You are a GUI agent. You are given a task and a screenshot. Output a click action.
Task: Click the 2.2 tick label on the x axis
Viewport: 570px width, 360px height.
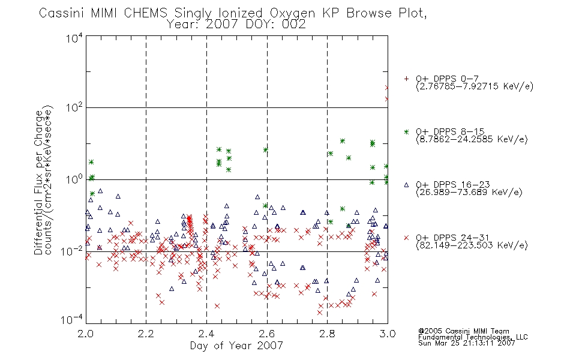point(146,334)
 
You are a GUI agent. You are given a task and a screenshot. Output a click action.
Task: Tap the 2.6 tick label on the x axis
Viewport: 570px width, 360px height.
point(267,334)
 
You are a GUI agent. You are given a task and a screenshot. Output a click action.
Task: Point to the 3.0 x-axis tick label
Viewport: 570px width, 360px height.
point(388,334)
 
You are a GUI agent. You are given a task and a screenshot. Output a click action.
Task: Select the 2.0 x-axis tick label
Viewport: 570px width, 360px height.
point(86,334)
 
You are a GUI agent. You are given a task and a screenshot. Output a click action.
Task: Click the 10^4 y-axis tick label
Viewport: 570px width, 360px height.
point(74,38)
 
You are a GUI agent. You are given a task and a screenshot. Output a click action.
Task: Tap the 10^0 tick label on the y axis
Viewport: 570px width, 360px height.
point(74,179)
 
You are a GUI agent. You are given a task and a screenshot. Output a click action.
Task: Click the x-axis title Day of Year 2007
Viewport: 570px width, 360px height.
point(236,346)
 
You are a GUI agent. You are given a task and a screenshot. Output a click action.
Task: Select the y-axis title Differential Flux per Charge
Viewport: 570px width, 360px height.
point(38,182)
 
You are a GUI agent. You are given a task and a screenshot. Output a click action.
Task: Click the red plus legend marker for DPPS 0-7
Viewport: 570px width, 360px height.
point(406,79)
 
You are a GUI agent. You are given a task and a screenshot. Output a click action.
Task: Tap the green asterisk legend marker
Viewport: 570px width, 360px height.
point(406,131)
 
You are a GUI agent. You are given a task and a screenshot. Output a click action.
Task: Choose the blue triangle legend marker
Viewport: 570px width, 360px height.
point(406,185)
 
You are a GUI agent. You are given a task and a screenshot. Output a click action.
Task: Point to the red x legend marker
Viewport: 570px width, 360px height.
point(406,238)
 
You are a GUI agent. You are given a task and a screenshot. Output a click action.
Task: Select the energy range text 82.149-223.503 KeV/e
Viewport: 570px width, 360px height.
point(472,245)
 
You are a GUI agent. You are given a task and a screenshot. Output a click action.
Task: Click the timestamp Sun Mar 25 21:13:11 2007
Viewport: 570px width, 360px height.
point(466,343)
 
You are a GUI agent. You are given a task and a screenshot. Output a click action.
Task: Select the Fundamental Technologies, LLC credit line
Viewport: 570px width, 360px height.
point(473,337)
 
